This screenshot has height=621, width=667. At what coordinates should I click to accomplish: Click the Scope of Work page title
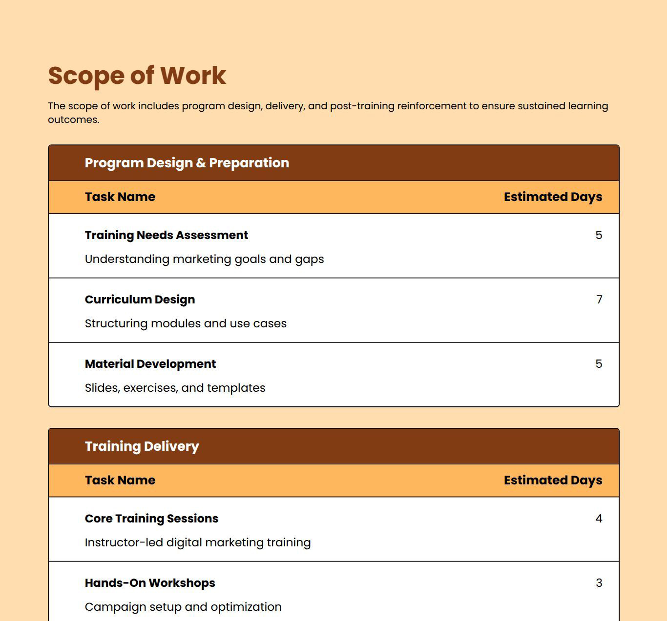click(137, 76)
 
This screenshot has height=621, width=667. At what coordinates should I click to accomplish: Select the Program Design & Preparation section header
click(187, 163)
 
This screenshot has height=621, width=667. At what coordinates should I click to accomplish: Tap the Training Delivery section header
click(142, 446)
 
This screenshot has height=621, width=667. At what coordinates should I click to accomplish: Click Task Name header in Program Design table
click(120, 197)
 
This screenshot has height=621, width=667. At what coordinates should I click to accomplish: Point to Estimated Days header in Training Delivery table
click(553, 481)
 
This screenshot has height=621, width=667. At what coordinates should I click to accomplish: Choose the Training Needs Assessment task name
click(166, 235)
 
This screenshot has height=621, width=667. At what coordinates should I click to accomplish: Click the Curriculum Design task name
click(140, 300)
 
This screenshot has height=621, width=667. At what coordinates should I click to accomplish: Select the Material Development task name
click(150, 364)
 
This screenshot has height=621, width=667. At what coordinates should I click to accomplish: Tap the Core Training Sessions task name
click(151, 519)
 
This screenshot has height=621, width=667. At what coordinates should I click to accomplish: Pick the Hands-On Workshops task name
click(149, 583)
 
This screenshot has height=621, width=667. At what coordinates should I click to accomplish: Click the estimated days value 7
click(599, 300)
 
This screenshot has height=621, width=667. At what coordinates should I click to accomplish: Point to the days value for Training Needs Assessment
click(599, 235)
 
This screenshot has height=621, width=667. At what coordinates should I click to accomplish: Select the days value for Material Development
click(599, 364)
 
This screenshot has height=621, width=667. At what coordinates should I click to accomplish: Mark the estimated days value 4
click(599, 519)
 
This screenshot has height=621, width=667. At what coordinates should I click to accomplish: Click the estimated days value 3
click(599, 583)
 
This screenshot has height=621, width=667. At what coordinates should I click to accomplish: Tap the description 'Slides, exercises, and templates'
click(175, 388)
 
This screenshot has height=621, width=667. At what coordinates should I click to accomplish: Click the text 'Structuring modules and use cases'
click(186, 323)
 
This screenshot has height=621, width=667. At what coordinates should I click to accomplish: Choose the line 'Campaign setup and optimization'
click(183, 607)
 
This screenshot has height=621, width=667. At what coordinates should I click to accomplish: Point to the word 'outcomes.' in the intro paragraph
click(73, 120)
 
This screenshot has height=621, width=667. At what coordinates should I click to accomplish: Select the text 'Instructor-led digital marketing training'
click(198, 542)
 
